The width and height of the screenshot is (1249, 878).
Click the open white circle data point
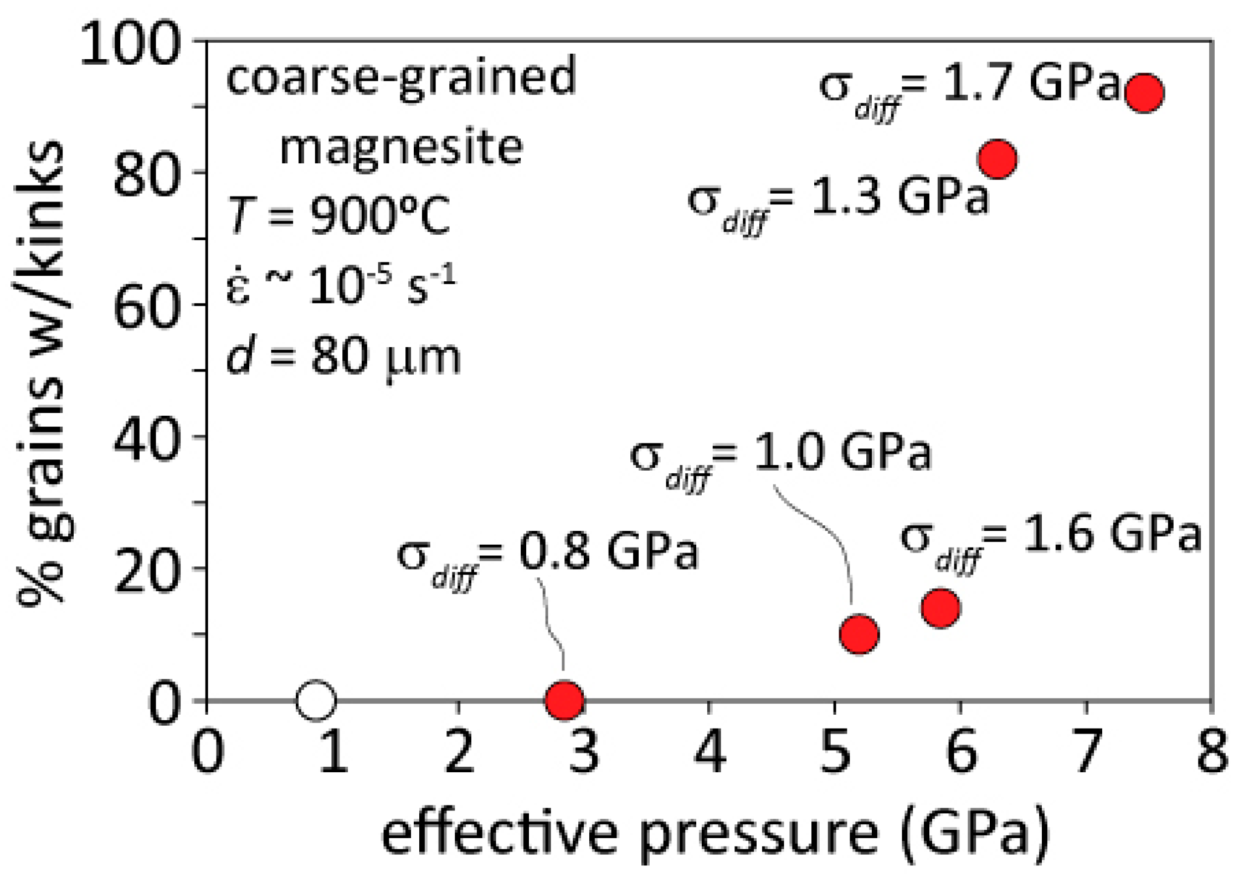click(x=316, y=700)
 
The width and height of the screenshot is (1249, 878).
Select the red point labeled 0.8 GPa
click(x=564, y=700)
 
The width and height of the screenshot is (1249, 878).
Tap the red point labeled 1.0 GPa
click(x=859, y=634)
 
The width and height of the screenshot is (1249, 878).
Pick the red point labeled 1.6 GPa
click(x=940, y=608)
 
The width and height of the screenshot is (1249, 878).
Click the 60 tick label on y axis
click(x=147, y=305)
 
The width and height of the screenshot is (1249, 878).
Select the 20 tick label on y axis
click(x=147, y=569)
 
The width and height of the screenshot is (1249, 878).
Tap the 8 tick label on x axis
click(x=1212, y=753)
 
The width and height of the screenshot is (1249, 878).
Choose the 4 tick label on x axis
click(x=710, y=753)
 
